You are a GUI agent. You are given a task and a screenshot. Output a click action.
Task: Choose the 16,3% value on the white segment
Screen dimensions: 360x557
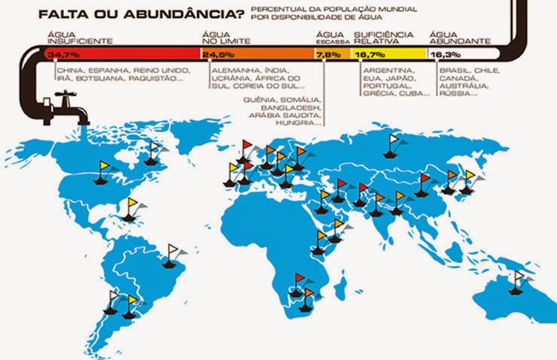(x=441, y=55)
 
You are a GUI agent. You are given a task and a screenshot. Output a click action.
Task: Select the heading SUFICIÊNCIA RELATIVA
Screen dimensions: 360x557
(x=384, y=38)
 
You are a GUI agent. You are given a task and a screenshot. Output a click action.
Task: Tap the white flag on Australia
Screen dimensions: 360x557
(x=519, y=278)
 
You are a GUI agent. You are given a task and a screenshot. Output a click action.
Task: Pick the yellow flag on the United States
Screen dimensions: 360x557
(x=105, y=166)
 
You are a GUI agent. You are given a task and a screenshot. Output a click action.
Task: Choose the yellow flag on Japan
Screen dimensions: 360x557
(x=470, y=176)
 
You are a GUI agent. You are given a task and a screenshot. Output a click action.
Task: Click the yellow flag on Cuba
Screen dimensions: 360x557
(x=133, y=203)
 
